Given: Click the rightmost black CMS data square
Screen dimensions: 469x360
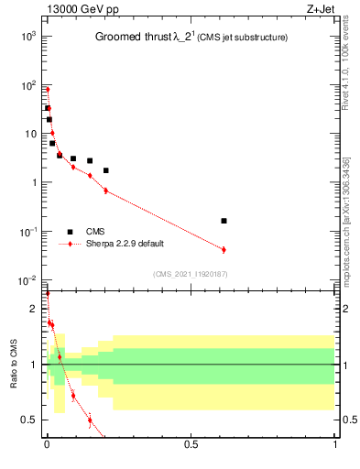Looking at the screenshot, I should [224, 221].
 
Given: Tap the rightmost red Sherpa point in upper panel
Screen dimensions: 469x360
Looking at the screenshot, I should [224, 249].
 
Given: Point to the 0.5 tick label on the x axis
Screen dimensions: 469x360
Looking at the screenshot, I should [191, 444].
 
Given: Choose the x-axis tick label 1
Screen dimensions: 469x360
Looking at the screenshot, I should [334, 444].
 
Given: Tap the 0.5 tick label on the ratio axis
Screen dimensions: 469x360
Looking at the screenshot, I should [29, 420].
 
